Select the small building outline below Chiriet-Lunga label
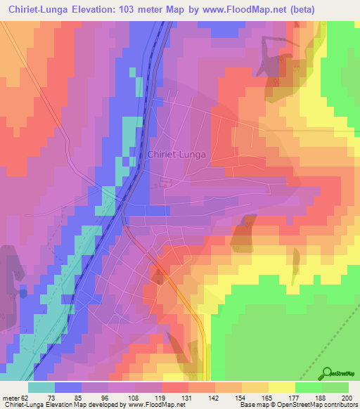tap(165, 183)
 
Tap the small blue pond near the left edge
tap(22, 292)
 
